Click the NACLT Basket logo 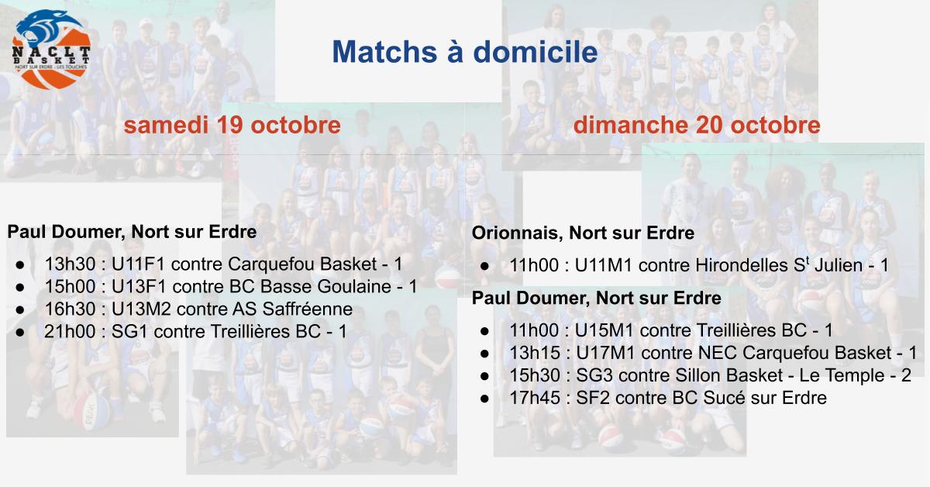pyautogui.click(x=51, y=50)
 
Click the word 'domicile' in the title pyautogui.click(x=536, y=52)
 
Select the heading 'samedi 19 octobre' pyautogui.click(x=232, y=125)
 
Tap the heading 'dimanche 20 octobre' pyautogui.click(x=697, y=125)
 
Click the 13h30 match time pyautogui.click(x=71, y=264)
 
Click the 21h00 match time pyautogui.click(x=70, y=332)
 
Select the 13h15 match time pyautogui.click(x=535, y=353)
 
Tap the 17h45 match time pyautogui.click(x=535, y=398)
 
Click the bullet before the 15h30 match pyautogui.click(x=484, y=376)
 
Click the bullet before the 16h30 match pyautogui.click(x=20, y=310)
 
